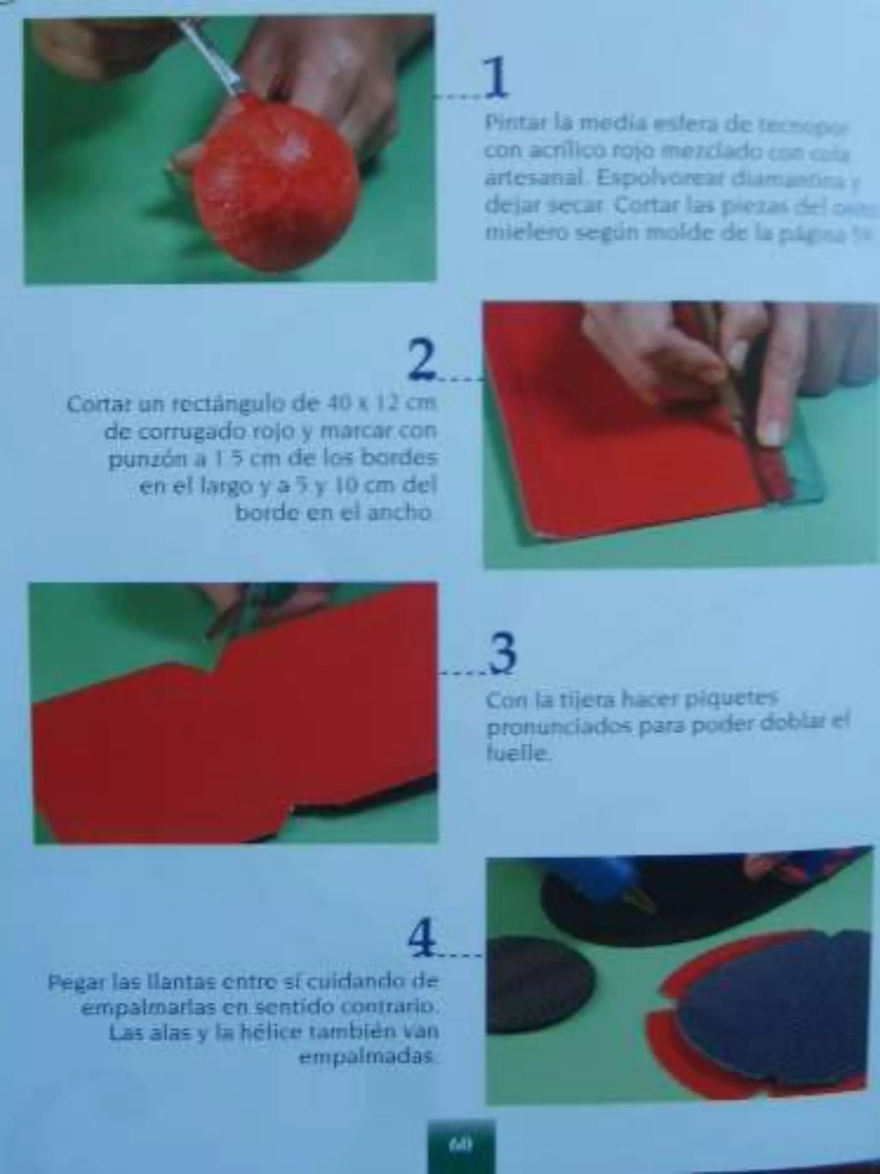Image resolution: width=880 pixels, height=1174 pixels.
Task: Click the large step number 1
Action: tap(496, 78)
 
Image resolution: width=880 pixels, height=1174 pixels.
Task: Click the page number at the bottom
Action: tap(461, 1144)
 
